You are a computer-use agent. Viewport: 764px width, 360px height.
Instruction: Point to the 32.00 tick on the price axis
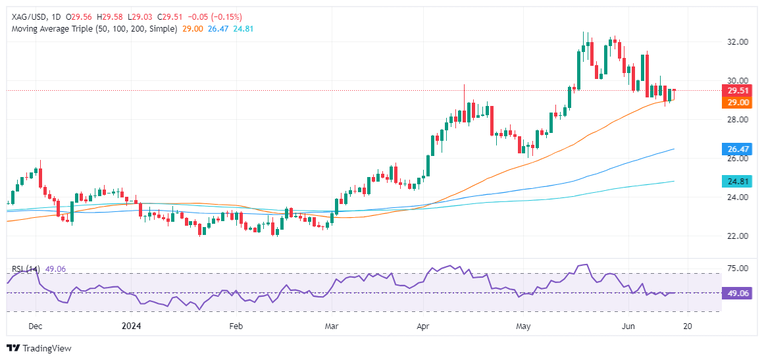[736, 42]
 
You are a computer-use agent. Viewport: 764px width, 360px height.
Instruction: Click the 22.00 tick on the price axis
[736, 236]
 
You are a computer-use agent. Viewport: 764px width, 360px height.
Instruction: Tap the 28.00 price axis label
[736, 120]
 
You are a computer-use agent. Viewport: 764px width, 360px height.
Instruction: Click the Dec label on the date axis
[37, 326]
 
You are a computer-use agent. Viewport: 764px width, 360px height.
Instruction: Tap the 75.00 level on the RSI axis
[736, 269]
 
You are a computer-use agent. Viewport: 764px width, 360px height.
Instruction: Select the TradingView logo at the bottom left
[39, 348]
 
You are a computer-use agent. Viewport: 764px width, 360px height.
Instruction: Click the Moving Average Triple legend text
[92, 30]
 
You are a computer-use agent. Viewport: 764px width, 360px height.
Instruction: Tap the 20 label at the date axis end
[686, 326]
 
